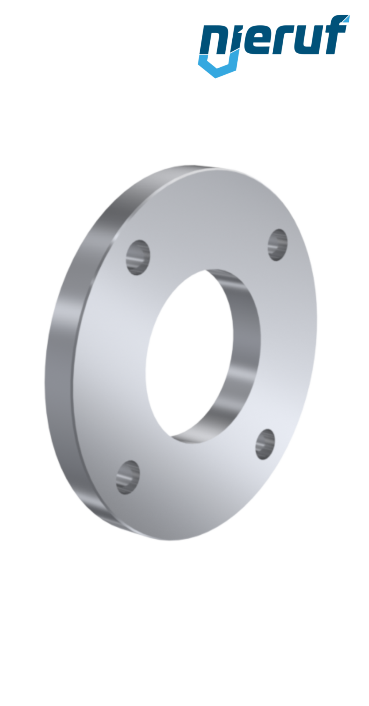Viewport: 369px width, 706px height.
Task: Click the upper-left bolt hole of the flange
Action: click(138, 257)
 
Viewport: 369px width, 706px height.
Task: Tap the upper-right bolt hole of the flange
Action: click(277, 245)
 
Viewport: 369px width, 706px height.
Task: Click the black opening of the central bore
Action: click(187, 353)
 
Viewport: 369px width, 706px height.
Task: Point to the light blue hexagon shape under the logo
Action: click(217, 68)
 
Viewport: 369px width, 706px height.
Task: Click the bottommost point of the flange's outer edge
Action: click(173, 541)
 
